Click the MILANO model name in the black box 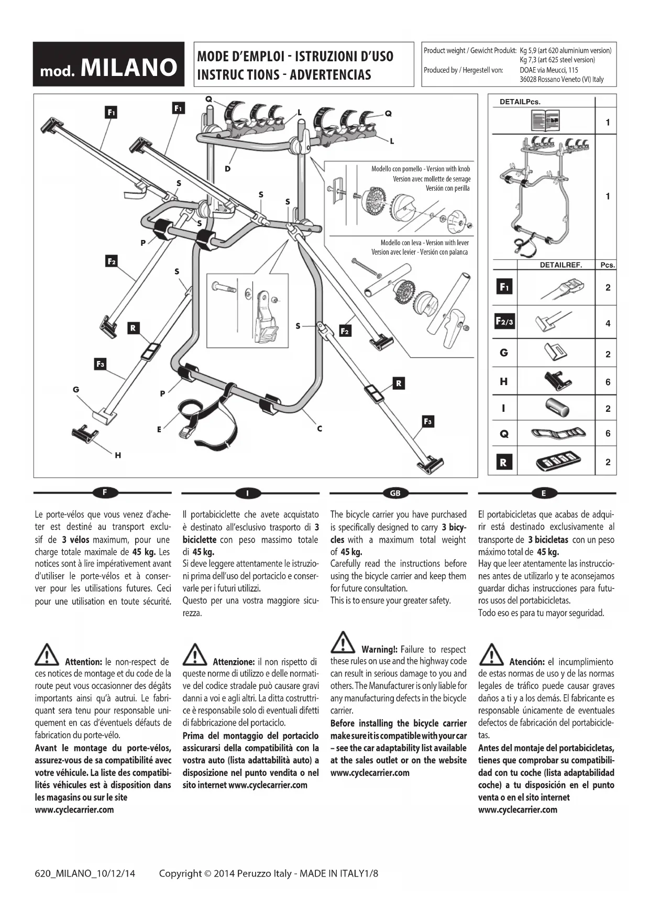(x=129, y=68)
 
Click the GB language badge (x=395, y=493)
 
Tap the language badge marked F (x=105, y=493)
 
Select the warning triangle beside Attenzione (x=195, y=655)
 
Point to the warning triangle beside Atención (x=491, y=655)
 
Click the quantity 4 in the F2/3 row (x=608, y=323)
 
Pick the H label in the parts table (x=504, y=381)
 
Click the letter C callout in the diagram (x=320, y=429)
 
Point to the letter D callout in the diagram (x=228, y=169)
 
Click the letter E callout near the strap (x=159, y=429)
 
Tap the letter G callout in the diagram (x=76, y=389)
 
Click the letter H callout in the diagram (x=118, y=455)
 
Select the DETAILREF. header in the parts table (x=560, y=265)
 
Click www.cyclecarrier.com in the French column (x=74, y=809)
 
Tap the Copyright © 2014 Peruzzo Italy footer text (x=225, y=873)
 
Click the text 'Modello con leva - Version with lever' (x=424, y=243)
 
